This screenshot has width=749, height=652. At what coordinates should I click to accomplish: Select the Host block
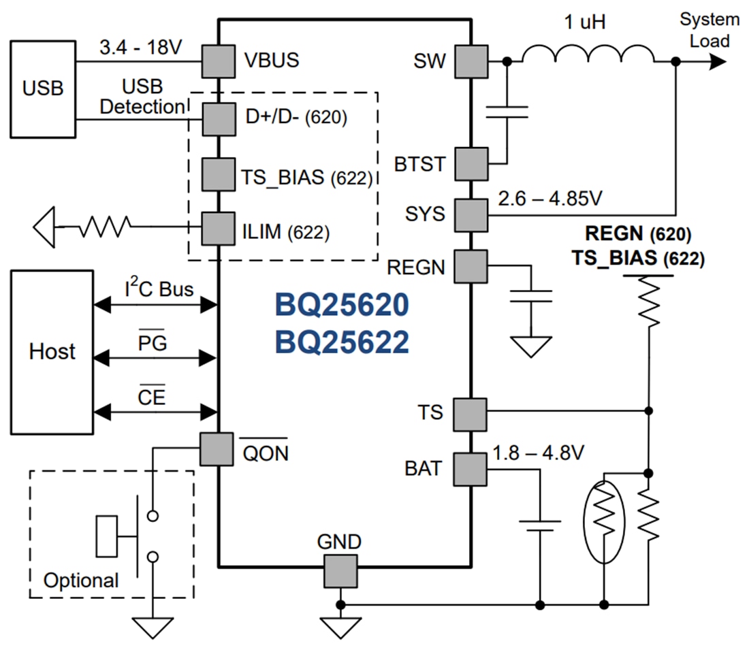(x=52, y=352)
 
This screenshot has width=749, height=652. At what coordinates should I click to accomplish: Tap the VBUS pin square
(x=218, y=62)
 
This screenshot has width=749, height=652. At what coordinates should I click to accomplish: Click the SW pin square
(x=471, y=62)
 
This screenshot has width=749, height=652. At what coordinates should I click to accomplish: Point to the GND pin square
(x=340, y=570)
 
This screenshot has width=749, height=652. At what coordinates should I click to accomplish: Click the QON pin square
(x=217, y=449)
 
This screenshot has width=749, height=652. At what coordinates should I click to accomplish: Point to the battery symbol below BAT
(x=540, y=525)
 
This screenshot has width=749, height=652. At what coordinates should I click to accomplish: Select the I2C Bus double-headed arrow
(x=155, y=306)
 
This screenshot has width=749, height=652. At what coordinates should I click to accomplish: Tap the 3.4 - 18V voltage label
(x=140, y=47)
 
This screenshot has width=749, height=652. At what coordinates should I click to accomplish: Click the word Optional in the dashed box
(x=81, y=581)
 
